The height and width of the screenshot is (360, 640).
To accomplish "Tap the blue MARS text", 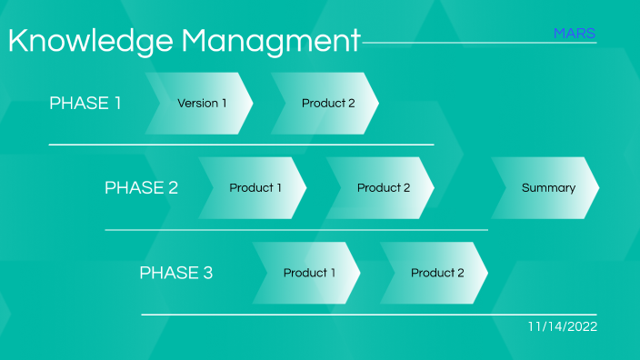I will (575, 34).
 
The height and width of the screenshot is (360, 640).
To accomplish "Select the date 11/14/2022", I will (562, 326).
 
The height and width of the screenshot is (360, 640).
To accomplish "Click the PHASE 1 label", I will (85, 103).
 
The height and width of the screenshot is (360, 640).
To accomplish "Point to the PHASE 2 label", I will (141, 188).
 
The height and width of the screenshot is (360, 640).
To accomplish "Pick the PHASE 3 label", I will (175, 273).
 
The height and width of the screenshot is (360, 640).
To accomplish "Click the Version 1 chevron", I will (202, 104).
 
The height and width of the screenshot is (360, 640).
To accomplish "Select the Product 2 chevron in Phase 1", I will (327, 104).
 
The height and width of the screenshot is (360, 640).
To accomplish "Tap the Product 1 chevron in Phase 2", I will (255, 188).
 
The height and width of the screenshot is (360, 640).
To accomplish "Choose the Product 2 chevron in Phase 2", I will (383, 188).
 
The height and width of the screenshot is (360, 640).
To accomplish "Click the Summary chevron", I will (547, 188).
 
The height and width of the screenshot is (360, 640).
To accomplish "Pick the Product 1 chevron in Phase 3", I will (308, 273).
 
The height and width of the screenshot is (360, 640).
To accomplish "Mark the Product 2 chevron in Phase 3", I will (436, 273).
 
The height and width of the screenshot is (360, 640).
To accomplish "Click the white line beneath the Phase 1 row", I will (241, 145).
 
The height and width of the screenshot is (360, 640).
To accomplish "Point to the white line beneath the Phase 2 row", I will (296, 230).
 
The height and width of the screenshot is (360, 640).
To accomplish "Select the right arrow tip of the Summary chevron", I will (595, 188).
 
